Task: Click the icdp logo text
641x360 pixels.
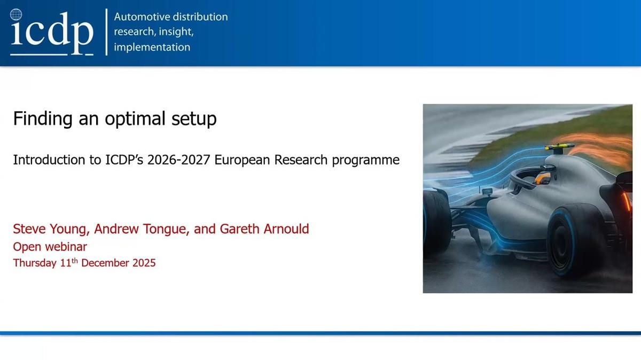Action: (52, 33)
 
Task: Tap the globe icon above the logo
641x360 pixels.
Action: (17, 14)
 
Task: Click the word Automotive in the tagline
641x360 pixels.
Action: (139, 17)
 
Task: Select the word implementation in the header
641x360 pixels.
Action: (152, 47)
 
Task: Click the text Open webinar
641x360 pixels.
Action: (50, 247)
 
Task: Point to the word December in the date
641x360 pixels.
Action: (105, 263)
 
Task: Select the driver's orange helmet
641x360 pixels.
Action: (542, 179)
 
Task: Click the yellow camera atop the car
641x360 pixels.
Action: (559, 146)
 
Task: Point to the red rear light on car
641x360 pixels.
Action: (624, 201)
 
